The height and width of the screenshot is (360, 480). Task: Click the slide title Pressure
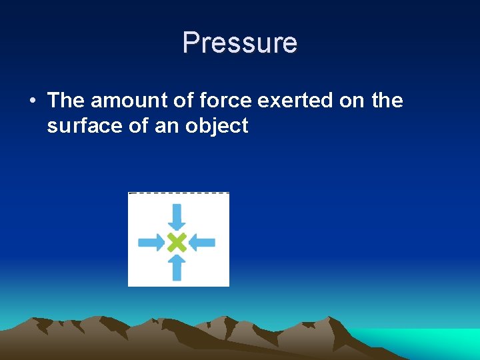point(240,43)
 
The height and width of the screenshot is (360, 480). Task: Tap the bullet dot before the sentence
point(32,101)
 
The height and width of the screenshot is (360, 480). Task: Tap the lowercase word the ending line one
point(387,101)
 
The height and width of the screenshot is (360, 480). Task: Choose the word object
point(216,125)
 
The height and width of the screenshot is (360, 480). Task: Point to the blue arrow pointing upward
point(177,268)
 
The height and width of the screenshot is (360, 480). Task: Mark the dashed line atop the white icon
point(179,193)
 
